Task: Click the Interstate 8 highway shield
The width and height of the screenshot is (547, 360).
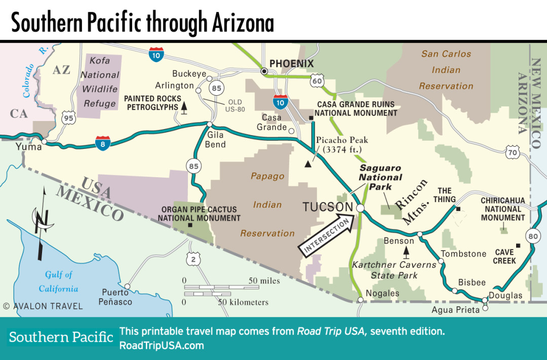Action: click(x=103, y=143)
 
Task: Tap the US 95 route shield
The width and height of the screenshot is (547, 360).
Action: click(x=67, y=118)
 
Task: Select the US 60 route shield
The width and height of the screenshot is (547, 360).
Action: click(x=318, y=79)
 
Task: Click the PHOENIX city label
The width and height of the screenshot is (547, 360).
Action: click(x=291, y=64)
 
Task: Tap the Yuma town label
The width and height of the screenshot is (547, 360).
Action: click(x=29, y=147)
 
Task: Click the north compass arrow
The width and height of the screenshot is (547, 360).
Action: click(x=40, y=223)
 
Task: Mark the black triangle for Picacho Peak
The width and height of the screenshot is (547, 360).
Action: click(x=307, y=164)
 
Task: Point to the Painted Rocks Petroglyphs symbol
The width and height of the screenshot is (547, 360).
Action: click(x=185, y=107)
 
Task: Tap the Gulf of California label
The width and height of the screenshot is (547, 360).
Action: click(x=59, y=282)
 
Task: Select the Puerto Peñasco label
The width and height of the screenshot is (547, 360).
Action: click(x=116, y=297)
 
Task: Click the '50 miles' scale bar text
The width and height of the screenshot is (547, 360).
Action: click(x=264, y=281)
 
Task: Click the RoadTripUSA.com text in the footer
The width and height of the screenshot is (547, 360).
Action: click(x=162, y=346)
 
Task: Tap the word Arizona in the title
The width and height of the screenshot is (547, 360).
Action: click(x=240, y=23)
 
